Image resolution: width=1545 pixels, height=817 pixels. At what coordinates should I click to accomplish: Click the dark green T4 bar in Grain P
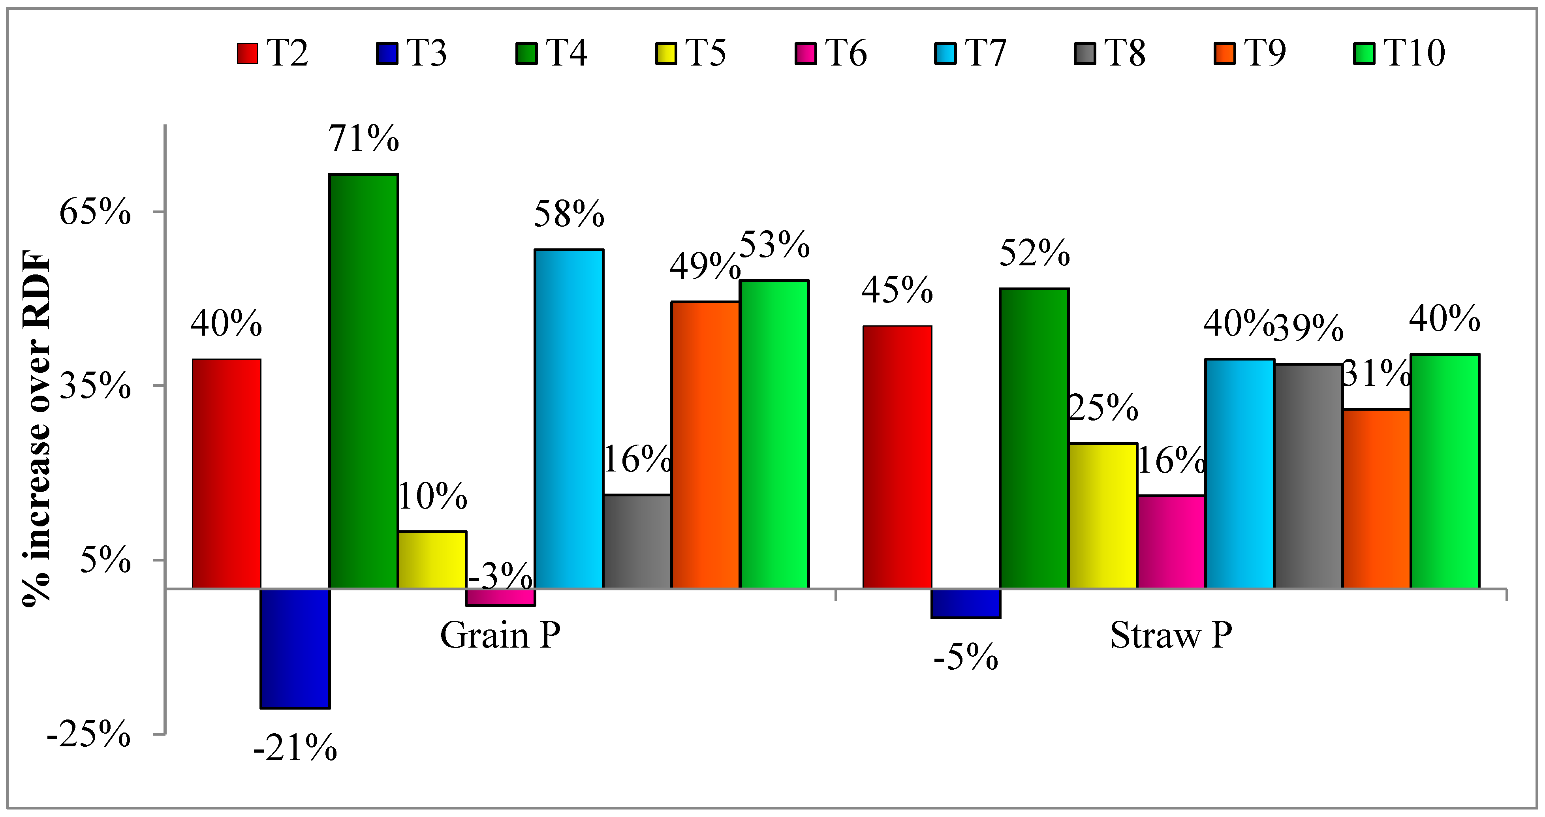tap(363, 381)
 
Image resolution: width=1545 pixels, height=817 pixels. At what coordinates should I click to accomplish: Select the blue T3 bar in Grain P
tap(295, 648)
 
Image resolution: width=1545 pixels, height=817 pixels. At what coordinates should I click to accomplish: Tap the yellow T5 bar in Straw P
tap(1103, 516)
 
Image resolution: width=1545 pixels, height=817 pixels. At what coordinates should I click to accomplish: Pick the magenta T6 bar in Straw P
tap(1171, 542)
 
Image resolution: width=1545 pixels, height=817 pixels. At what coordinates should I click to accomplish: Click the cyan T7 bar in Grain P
tap(569, 419)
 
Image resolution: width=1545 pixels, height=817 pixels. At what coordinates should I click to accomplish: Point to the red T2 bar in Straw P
tap(897, 457)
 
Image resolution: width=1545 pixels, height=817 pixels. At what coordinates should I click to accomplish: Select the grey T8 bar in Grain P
tap(637, 542)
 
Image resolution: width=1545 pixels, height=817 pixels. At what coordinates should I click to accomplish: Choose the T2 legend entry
tap(273, 53)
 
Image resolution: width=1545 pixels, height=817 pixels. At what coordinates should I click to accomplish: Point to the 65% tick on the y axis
tap(95, 212)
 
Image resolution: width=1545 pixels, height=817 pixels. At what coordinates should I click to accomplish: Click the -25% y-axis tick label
tap(89, 734)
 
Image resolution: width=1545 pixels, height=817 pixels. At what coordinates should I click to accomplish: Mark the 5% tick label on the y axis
tap(105, 560)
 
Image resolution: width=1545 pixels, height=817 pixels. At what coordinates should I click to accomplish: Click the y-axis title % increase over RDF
tap(37, 429)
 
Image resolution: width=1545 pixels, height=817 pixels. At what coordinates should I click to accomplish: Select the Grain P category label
tap(500, 635)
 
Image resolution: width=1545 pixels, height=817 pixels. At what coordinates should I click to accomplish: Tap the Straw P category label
tap(1171, 635)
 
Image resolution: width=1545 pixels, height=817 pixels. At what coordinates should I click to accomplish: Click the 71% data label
tap(363, 139)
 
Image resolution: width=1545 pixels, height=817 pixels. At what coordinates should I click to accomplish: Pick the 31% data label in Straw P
tap(1376, 374)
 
